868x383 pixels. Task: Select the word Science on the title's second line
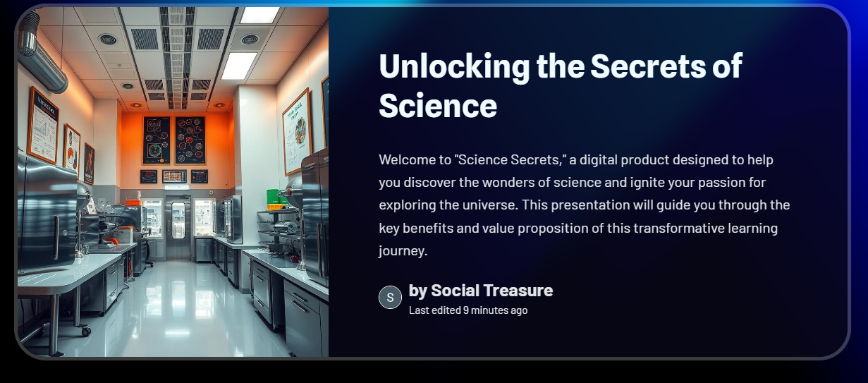click(x=438, y=106)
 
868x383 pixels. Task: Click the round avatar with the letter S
click(x=390, y=298)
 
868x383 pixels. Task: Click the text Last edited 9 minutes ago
click(x=468, y=310)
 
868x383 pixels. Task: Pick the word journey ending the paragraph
click(x=402, y=250)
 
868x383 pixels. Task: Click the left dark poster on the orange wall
click(x=157, y=140)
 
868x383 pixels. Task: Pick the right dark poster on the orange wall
click(x=190, y=140)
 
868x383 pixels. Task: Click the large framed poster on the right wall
click(x=297, y=131)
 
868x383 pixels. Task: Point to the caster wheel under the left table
click(x=85, y=330)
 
